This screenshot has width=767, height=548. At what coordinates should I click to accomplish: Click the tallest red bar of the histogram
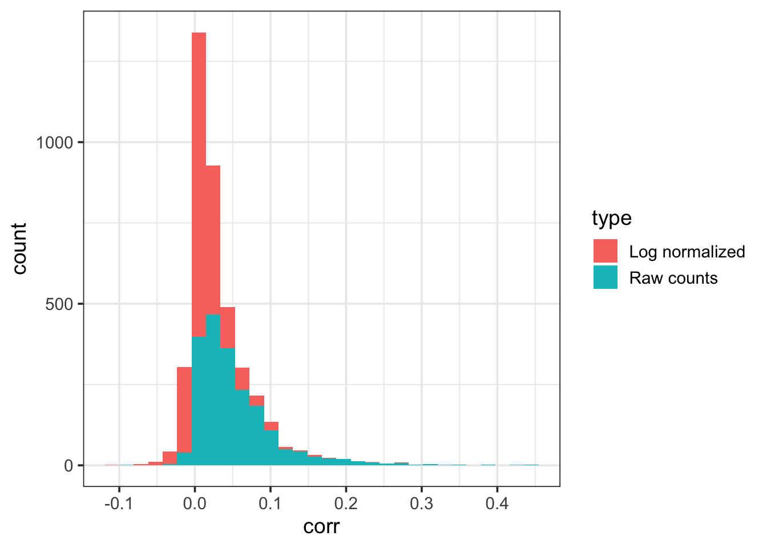pyautogui.click(x=199, y=126)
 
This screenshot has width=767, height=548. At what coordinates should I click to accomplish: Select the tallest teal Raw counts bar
pyautogui.click(x=213, y=388)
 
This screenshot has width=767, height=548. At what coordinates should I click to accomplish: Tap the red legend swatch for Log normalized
pyautogui.click(x=605, y=251)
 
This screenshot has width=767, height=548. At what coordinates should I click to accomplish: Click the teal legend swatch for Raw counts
pyautogui.click(x=605, y=277)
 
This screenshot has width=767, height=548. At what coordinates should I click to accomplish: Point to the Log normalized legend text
pyautogui.click(x=687, y=252)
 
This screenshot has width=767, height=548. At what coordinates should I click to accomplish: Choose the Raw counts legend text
pyautogui.click(x=673, y=278)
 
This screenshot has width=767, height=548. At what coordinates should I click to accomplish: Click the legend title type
pyautogui.click(x=611, y=218)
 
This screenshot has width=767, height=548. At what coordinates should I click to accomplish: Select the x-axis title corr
pyautogui.click(x=321, y=526)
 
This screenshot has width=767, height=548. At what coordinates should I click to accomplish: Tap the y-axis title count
pyautogui.click(x=19, y=248)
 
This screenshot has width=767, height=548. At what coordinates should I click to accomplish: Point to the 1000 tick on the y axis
pyautogui.click(x=55, y=142)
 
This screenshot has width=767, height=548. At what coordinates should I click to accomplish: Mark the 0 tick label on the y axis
pyautogui.click(x=68, y=465)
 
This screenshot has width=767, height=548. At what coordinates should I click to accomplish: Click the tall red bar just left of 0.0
pyautogui.click(x=184, y=408)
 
